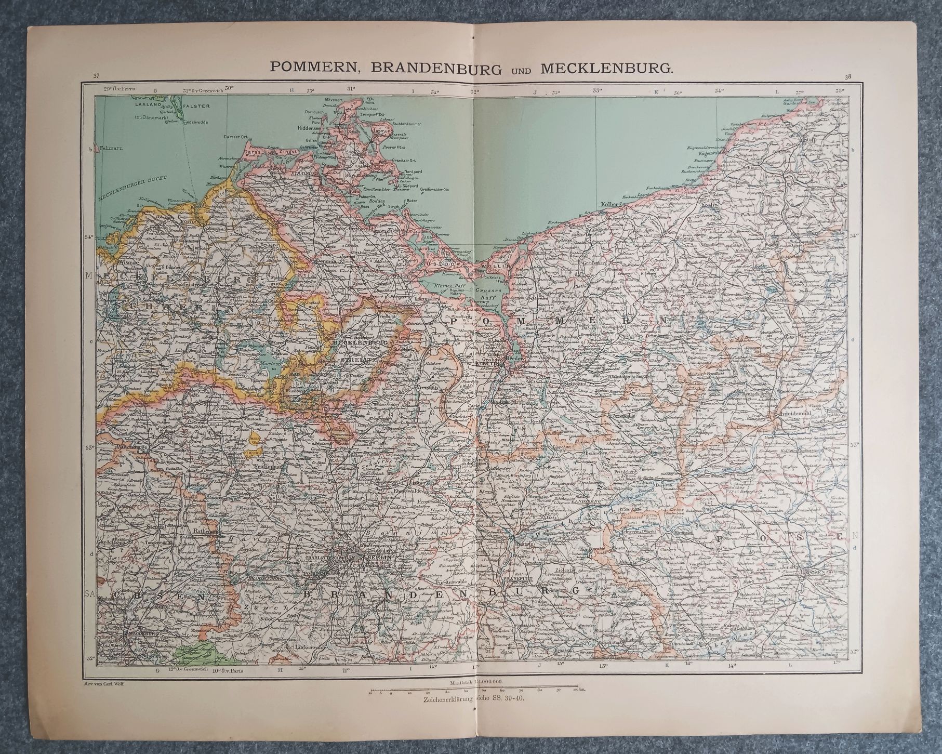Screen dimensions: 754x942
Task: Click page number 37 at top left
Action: point(96,77)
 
